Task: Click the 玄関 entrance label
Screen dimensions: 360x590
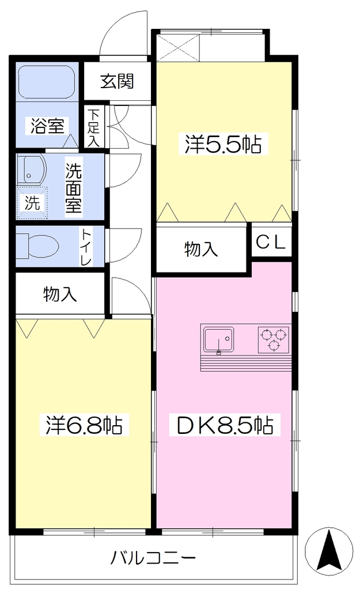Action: pos(117,81)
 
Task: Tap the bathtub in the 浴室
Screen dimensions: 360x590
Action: pos(47,83)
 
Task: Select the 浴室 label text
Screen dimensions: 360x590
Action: pos(47,126)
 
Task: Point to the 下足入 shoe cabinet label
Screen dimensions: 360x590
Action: pos(93,127)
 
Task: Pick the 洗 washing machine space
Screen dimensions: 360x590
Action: pos(32,203)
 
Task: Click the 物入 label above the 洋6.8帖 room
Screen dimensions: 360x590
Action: pos(60,294)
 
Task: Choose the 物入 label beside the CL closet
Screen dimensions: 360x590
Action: pos(201,249)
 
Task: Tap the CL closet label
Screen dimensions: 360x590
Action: pos(271,243)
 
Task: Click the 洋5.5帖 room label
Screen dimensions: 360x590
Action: pos(223,143)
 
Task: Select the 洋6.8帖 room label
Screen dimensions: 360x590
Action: pos(84,425)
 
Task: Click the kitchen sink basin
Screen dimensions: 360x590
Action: pos(218,340)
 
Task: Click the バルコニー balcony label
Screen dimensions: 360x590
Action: pos(153,557)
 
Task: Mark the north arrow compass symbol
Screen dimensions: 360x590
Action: pos(329,549)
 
